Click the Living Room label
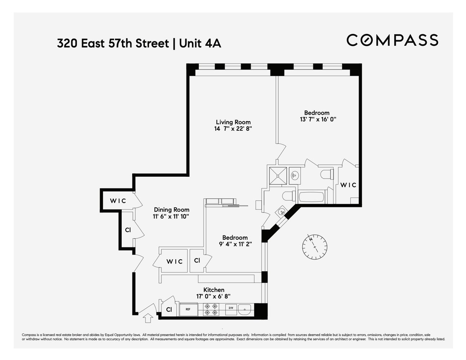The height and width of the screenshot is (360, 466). pos(233,122)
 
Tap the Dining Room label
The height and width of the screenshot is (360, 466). pos(171,210)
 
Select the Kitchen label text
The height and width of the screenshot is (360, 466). pos(214,290)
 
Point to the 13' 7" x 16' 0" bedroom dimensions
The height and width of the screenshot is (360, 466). pos(318,120)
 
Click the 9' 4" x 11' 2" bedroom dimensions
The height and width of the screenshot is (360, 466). pos(235,244)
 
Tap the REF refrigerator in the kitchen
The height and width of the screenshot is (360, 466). pos(188,309)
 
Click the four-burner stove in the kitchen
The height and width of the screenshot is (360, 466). pos(211,309)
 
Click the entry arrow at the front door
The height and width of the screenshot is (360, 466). pos(147,318)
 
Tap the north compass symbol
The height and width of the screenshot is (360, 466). pos(314,247)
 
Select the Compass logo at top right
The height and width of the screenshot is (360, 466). pos(392,40)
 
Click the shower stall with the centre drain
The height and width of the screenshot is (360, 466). pos(278,175)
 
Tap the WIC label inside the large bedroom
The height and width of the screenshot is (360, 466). pos(348,185)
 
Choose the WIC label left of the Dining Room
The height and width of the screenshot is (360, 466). pos(118,201)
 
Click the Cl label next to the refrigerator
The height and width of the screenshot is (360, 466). pos(169,309)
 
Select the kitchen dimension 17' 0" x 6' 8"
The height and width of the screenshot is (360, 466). pos(214,297)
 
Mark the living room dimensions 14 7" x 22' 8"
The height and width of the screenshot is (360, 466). pos(233,129)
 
